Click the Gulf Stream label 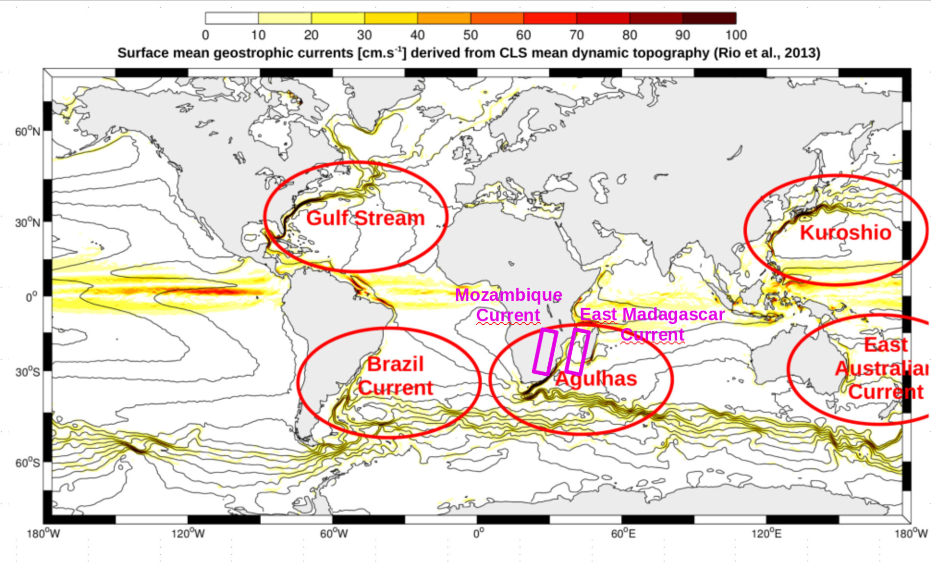tap(366, 218)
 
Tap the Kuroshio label tap(845, 233)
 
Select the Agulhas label tap(596, 379)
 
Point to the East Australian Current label tap(882, 368)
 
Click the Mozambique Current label tap(509, 305)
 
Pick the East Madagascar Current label tap(652, 324)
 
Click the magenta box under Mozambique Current tap(545, 352)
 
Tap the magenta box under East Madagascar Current tap(577, 351)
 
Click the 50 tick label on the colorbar tap(470, 35)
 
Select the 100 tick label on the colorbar tap(736, 35)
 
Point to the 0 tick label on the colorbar tap(205, 35)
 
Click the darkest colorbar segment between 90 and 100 tap(709, 19)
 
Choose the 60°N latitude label tap(27, 131)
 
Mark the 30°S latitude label tap(27, 372)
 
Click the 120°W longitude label tap(188, 534)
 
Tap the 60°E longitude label tap(623, 534)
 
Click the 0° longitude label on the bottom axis tap(479, 534)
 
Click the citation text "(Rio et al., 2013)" tap(767, 53)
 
